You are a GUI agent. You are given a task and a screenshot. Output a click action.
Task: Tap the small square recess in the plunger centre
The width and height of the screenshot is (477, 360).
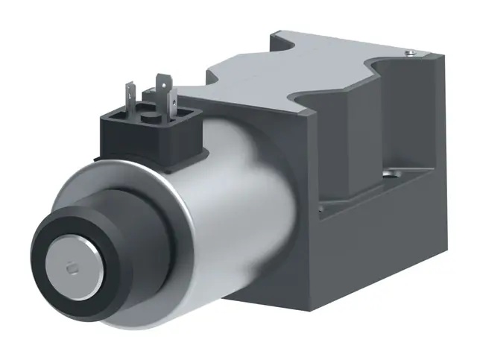tap(72, 267)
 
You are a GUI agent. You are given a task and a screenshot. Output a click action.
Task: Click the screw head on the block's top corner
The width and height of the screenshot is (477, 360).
tap(407, 53)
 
